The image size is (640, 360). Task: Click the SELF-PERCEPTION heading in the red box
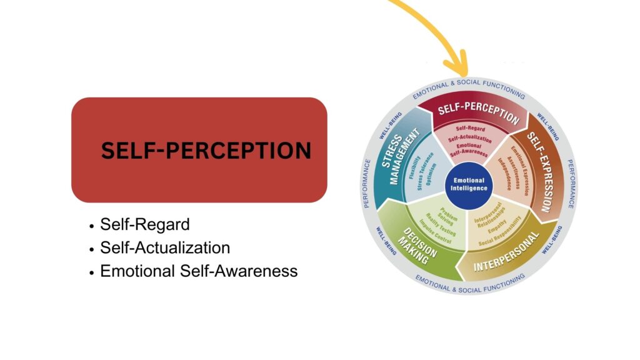coord(206,150)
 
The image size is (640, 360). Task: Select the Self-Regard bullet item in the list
coord(145,224)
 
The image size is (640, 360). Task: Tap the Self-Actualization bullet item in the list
coord(165,247)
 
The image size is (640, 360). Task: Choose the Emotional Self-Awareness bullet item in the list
coord(199,271)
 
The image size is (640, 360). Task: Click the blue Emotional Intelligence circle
coord(469,185)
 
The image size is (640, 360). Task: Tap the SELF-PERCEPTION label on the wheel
coord(478,113)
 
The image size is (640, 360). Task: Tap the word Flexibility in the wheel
coord(415,167)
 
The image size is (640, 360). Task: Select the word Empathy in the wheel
coord(497,226)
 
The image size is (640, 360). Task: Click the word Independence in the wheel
coord(504,174)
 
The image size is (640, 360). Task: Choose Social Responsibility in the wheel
coord(501,231)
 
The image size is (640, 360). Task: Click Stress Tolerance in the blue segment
coord(425,171)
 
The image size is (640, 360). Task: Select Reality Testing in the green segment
coord(441,225)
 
